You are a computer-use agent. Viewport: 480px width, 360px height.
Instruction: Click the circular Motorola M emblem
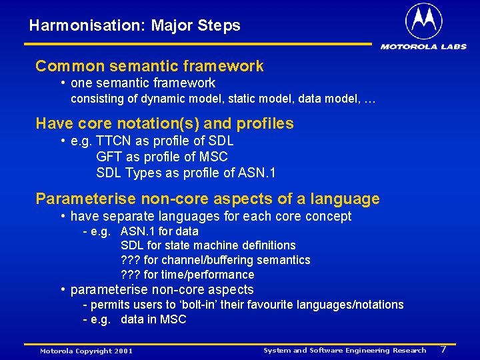(423, 21)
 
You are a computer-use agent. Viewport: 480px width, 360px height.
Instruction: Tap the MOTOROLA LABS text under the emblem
(423, 47)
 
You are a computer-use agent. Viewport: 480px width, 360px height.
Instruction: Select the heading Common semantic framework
(149, 66)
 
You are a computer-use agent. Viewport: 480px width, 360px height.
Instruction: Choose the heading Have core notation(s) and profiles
(164, 123)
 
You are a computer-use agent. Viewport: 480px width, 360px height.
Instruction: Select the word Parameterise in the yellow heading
(81, 199)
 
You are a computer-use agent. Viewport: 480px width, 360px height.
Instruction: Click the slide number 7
(443, 349)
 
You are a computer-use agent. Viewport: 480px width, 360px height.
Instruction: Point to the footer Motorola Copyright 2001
(86, 351)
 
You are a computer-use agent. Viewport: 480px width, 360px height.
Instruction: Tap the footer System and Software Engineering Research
(345, 350)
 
